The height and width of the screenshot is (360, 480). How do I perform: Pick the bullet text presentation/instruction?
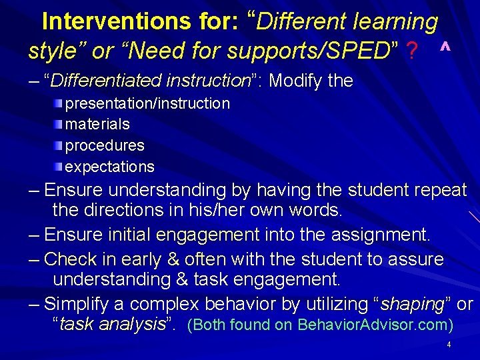point(147,103)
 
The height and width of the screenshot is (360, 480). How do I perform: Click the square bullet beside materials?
point(59,124)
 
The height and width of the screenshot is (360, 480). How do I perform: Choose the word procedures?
point(105,145)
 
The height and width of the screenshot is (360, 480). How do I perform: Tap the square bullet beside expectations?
point(59,166)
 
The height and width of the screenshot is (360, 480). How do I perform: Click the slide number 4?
point(449,345)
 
